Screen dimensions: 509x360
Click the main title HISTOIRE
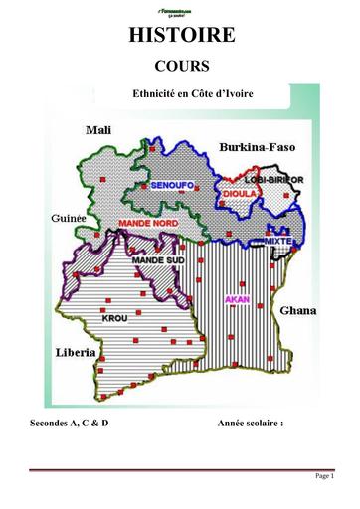tap(180, 36)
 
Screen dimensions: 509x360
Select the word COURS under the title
tap(180, 66)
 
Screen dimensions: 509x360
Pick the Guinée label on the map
tap(67, 218)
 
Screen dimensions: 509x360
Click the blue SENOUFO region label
tap(171, 186)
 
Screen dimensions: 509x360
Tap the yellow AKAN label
tap(236, 297)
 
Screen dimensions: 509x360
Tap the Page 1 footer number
tap(324, 476)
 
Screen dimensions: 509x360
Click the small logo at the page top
tap(180, 12)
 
